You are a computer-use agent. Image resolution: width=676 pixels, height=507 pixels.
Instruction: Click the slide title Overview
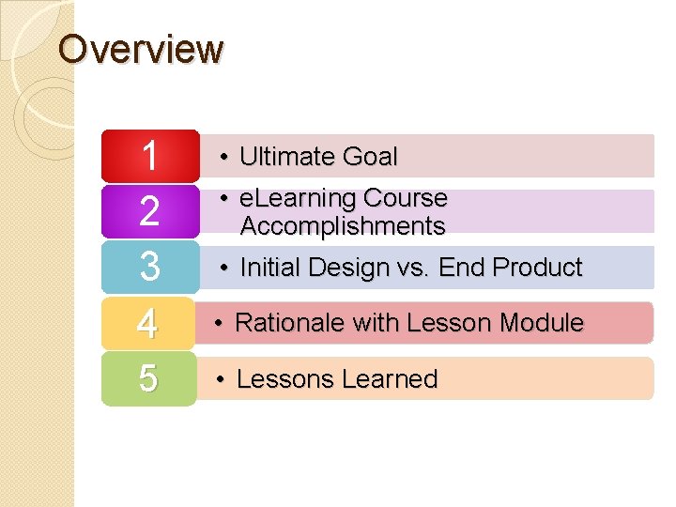pyautogui.click(x=141, y=49)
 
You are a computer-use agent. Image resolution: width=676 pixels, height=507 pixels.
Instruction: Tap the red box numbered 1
pyautogui.click(x=149, y=156)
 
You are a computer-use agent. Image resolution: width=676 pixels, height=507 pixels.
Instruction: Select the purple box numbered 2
pyautogui.click(x=149, y=211)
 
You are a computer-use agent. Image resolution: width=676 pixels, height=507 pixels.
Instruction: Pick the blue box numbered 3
pyautogui.click(x=149, y=267)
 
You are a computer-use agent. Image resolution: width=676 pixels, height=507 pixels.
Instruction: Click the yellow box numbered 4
pyautogui.click(x=147, y=323)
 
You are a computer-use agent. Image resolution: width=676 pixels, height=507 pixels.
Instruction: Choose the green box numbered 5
pyautogui.click(x=148, y=378)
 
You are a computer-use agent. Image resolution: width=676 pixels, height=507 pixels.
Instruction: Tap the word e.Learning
pyautogui.click(x=298, y=198)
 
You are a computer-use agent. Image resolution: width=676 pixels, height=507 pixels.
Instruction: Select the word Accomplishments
pyautogui.click(x=343, y=226)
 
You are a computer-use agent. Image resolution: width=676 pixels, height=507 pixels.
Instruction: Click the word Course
pyautogui.click(x=405, y=198)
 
